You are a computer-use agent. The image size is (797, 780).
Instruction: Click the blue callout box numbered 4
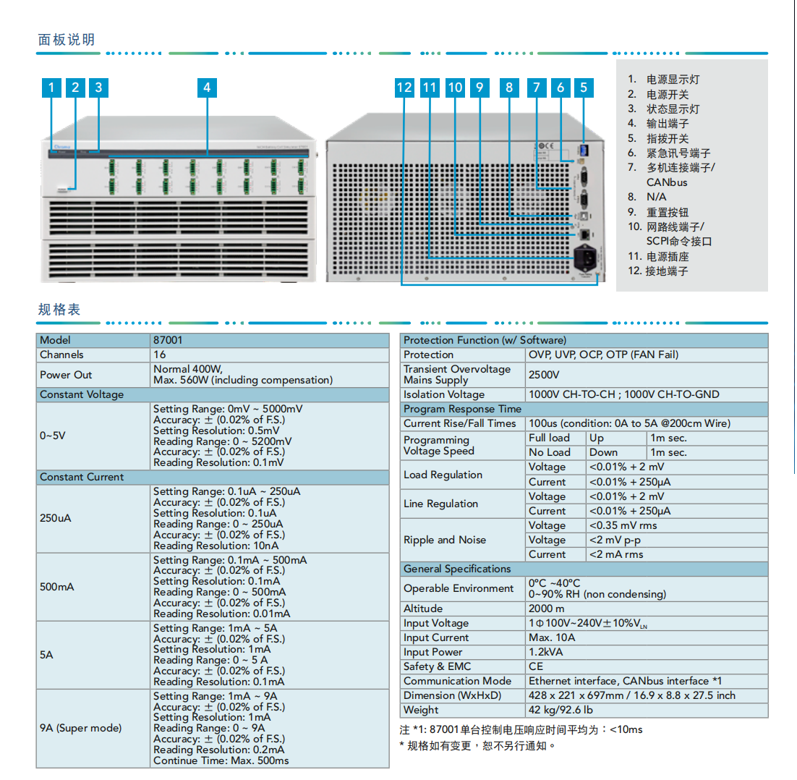point(207,88)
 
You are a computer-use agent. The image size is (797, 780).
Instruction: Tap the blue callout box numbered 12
point(404,88)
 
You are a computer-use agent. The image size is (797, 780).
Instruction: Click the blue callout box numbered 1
point(51,88)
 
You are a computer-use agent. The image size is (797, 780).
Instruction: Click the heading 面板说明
point(67,39)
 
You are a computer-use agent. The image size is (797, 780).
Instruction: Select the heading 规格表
point(59,310)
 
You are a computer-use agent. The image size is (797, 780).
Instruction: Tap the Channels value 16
point(159,355)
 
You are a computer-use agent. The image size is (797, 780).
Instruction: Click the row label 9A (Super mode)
point(81,728)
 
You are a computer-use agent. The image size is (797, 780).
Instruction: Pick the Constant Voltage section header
point(82,395)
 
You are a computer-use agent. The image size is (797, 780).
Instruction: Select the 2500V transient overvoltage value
point(544,374)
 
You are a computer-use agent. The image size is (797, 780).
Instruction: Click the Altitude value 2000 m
point(547,609)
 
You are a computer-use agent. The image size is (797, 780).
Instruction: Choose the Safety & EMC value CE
point(536,666)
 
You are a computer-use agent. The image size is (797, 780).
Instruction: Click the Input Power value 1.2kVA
point(546,652)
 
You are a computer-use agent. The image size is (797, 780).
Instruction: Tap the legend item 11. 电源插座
point(658,256)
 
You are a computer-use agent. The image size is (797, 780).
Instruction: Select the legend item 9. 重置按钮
point(658,212)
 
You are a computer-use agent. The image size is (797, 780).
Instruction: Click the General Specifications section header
point(457,569)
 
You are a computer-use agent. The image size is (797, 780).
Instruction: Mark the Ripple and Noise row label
point(445,540)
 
